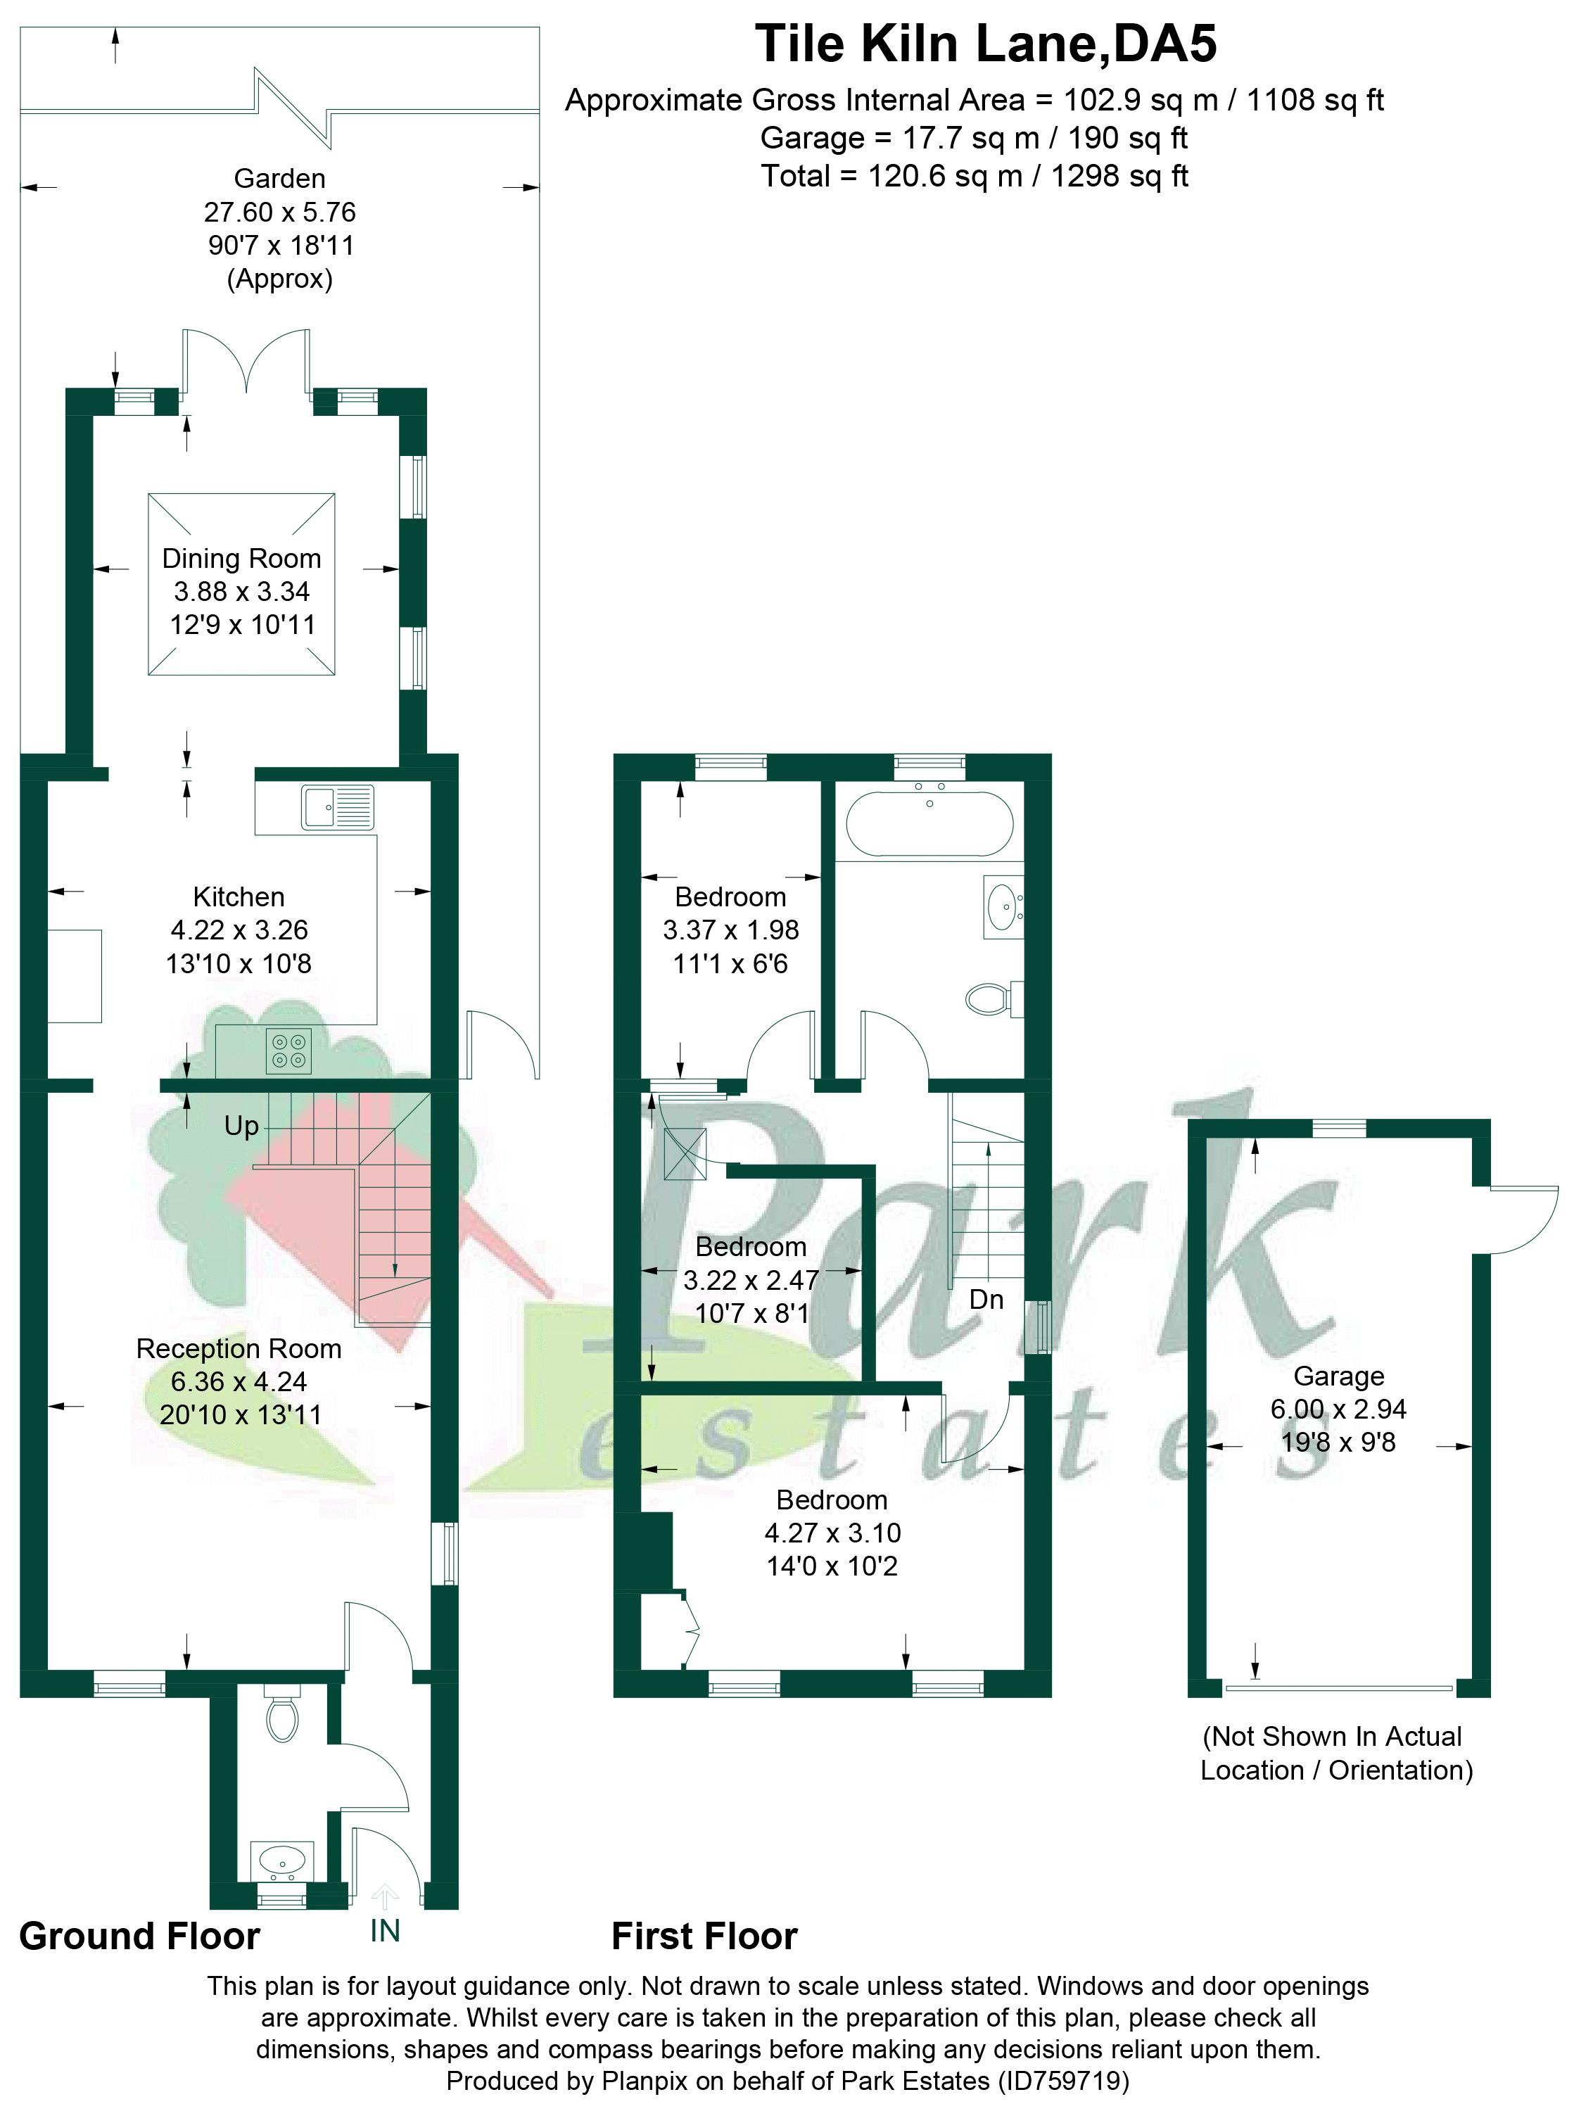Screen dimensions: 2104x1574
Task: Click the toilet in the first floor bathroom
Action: pyautogui.click(x=990, y=998)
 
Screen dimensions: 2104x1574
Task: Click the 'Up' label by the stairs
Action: pyautogui.click(x=241, y=1126)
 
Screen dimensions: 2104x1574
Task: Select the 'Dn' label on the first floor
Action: pyautogui.click(x=986, y=1299)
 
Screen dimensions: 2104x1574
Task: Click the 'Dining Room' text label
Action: pyautogui.click(x=241, y=558)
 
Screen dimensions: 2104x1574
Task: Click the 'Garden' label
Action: pyautogui.click(x=279, y=179)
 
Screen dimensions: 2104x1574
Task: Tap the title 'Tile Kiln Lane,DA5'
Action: pyautogui.click(x=985, y=44)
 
